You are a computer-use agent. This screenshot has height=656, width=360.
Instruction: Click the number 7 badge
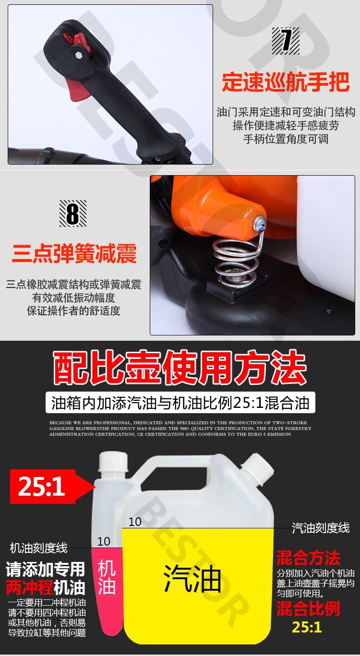pos(286,41)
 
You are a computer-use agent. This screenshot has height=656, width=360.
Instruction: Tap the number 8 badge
pos(73,214)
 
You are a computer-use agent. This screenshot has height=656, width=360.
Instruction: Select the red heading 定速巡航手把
pos(286,82)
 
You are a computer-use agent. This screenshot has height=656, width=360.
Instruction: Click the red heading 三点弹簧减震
pos(74,253)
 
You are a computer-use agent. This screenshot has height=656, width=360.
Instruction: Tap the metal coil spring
pos(236,263)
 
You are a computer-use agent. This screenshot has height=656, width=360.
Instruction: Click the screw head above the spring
pos(259,223)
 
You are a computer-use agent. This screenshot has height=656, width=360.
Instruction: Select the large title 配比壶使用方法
pos(180,368)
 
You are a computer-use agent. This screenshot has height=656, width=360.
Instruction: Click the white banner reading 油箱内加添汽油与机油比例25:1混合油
pos(180,403)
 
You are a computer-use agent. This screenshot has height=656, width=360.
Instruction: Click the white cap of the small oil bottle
pos(113,462)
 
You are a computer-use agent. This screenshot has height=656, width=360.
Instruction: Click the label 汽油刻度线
pos(321,528)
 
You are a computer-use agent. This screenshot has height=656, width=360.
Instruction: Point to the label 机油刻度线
pos(39,548)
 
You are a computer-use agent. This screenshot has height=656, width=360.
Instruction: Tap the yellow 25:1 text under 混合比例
pos(307,627)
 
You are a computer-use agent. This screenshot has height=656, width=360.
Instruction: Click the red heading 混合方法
pos(308,558)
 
